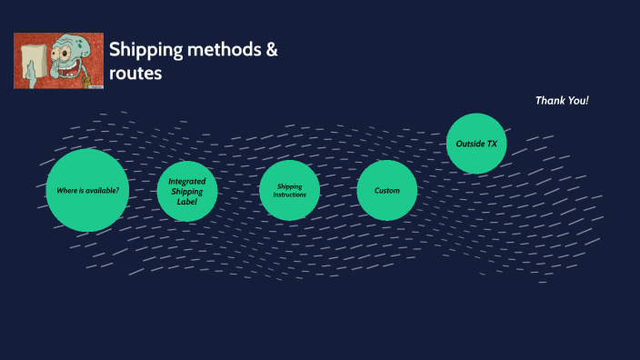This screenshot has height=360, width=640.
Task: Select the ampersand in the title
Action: (x=272, y=51)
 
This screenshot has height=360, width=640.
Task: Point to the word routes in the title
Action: (x=135, y=75)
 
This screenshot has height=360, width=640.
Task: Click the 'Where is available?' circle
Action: (x=86, y=190)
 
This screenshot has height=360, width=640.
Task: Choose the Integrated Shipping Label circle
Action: (x=187, y=191)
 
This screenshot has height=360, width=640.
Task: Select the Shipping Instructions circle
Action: (x=290, y=190)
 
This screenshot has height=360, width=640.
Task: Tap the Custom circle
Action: (x=386, y=190)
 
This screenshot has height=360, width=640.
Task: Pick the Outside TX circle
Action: (x=476, y=144)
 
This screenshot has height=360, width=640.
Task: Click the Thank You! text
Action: (x=562, y=100)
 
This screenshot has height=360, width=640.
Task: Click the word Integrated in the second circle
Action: (x=187, y=181)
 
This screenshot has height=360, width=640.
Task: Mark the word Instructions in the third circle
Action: (x=290, y=195)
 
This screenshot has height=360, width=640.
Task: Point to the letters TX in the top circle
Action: (x=491, y=144)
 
